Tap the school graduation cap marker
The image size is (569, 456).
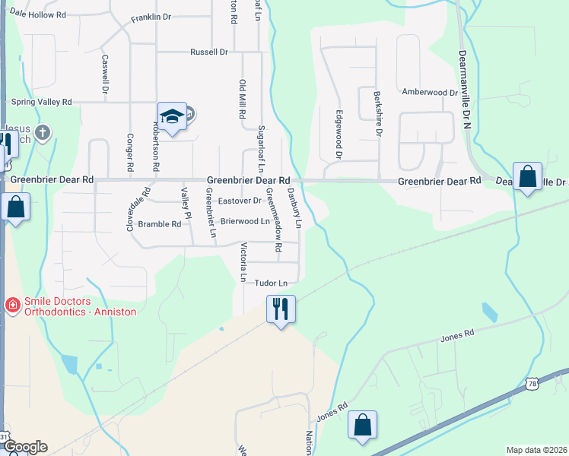(172, 116)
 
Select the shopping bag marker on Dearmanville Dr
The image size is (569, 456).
(527, 177)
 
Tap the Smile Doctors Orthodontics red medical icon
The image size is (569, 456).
(12, 306)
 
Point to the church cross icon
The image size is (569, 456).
(43, 133)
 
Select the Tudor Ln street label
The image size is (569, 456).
(272, 283)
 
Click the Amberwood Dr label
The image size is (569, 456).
(429, 92)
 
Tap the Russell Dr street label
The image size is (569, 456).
(209, 52)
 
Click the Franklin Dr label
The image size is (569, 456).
(151, 17)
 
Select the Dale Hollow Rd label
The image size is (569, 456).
(38, 14)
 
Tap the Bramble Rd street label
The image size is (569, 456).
(160, 224)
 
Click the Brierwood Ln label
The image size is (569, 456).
(245, 222)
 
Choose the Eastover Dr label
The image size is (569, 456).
(240, 201)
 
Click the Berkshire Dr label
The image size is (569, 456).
(378, 114)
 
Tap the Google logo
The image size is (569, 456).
(24, 447)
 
